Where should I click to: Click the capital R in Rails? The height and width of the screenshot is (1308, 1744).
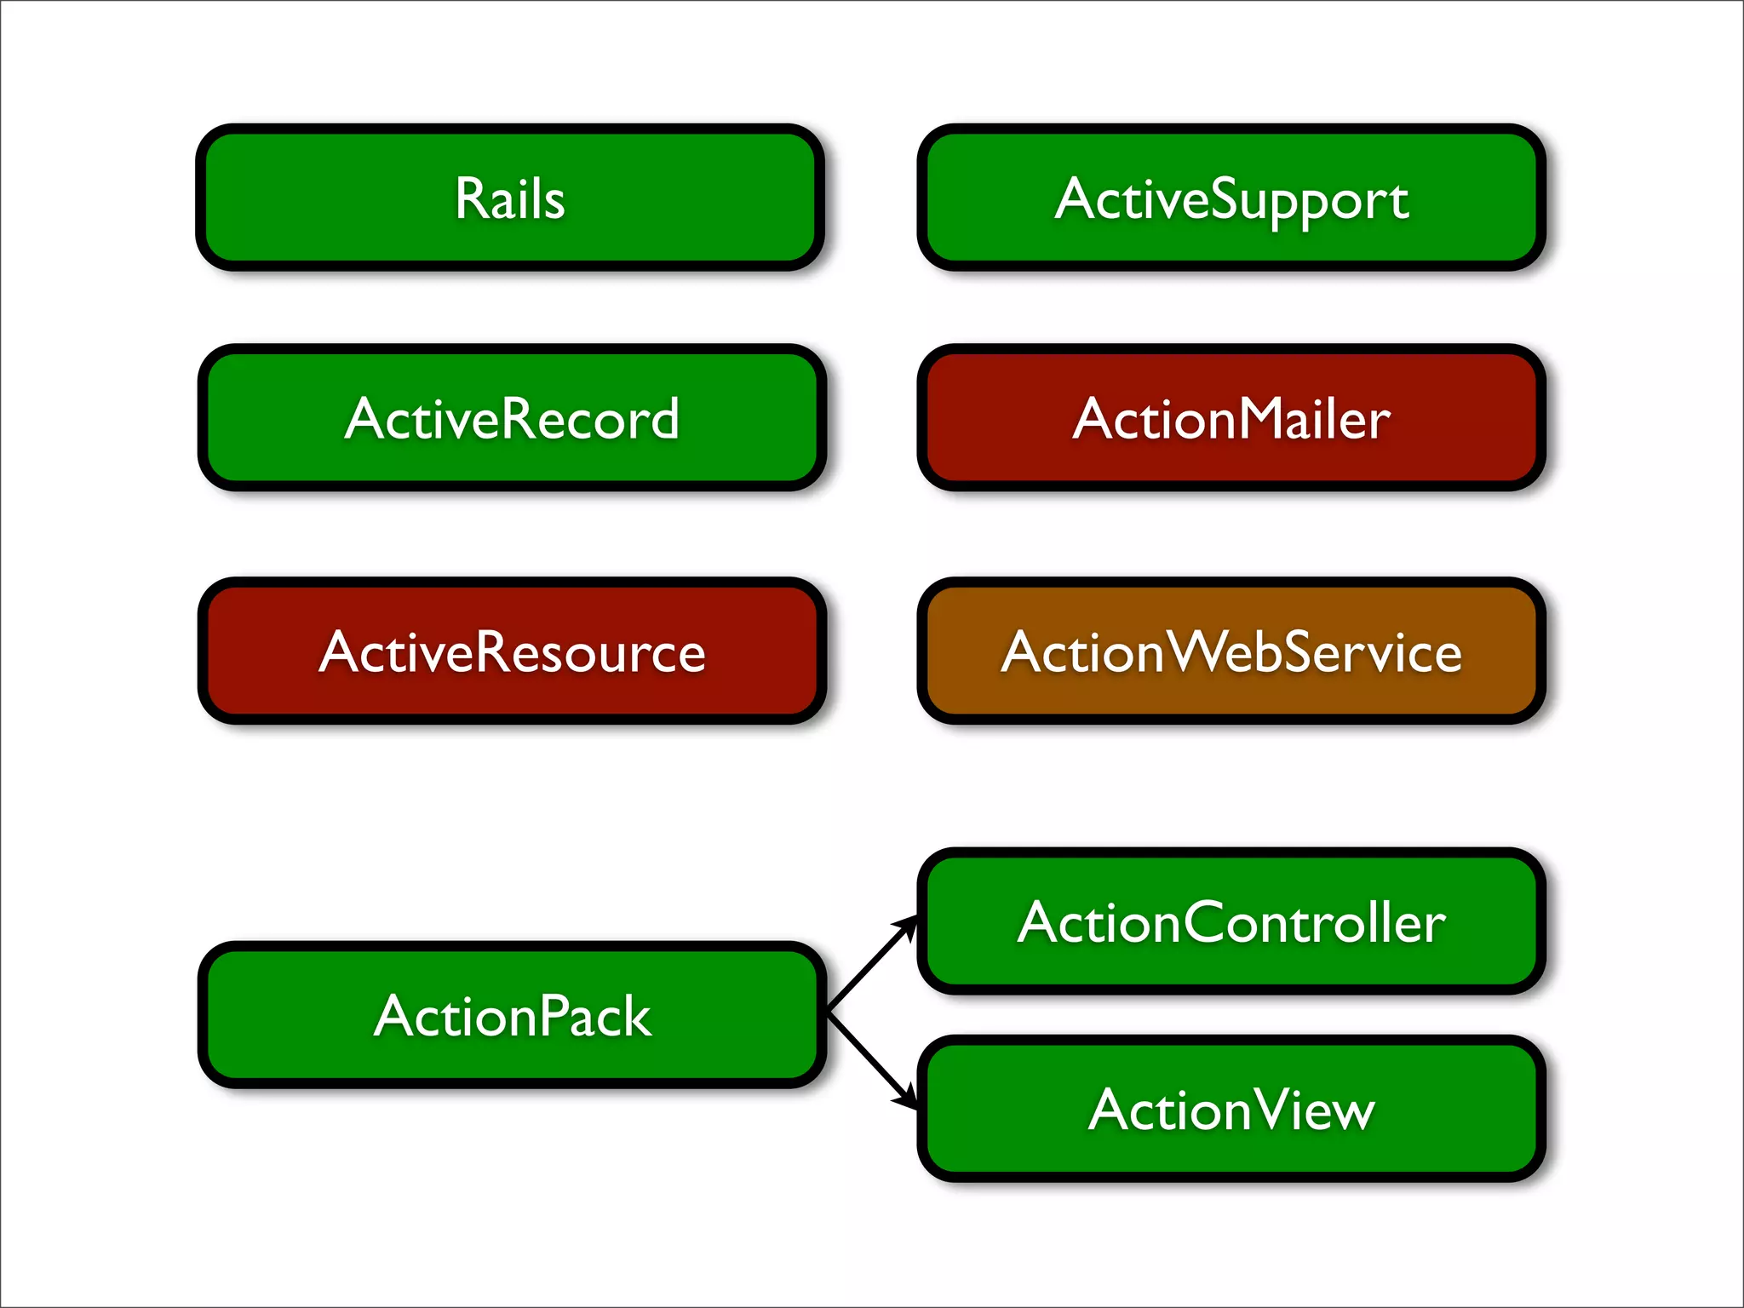tap(471, 198)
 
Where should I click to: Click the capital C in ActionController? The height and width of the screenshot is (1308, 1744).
tap(1208, 923)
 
